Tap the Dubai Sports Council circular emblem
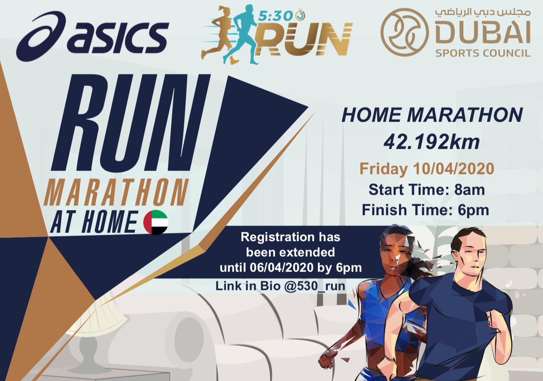point(404,32)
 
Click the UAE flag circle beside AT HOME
point(155,222)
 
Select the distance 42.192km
point(432,142)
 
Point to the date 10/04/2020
point(453,169)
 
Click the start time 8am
point(469,190)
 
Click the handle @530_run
point(315,286)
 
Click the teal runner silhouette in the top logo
point(245,34)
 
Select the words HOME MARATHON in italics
point(432,115)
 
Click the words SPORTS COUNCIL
point(482,53)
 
